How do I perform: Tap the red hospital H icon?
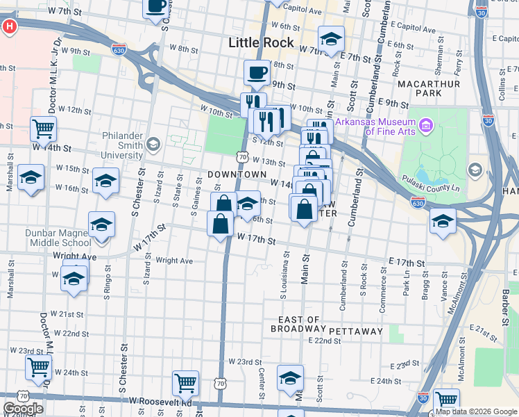10,27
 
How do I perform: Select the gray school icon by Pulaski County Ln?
475,169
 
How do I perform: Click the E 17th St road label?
406,262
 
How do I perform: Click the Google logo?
23,409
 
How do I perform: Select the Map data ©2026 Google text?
476,411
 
